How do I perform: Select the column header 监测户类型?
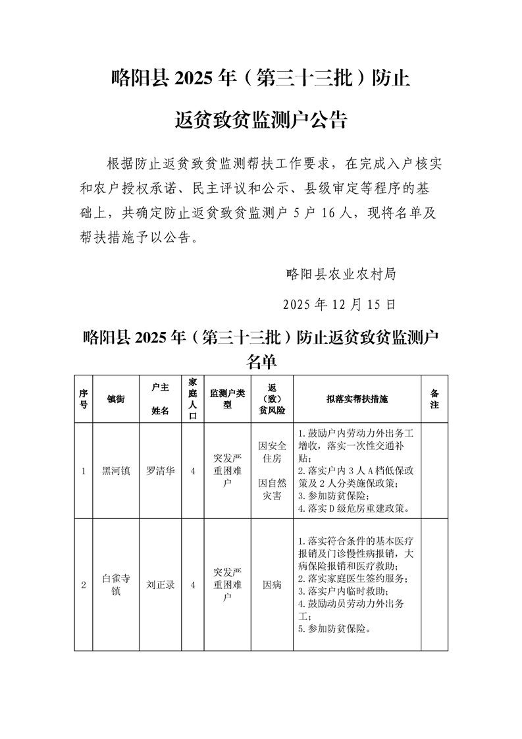(227, 399)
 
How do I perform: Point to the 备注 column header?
(434, 399)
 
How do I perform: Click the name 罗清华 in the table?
(161, 471)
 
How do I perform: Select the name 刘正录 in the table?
(161, 584)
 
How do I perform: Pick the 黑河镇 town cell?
(117, 471)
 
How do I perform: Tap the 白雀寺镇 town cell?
(117, 584)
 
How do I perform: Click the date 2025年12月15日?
(340, 305)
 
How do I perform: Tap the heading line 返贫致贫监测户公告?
(261, 120)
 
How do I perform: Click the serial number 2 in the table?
(84, 584)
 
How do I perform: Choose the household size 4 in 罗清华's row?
(192, 471)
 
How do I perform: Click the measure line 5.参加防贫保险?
(334, 628)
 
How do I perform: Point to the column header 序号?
(84, 399)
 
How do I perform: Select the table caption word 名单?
(261, 362)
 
